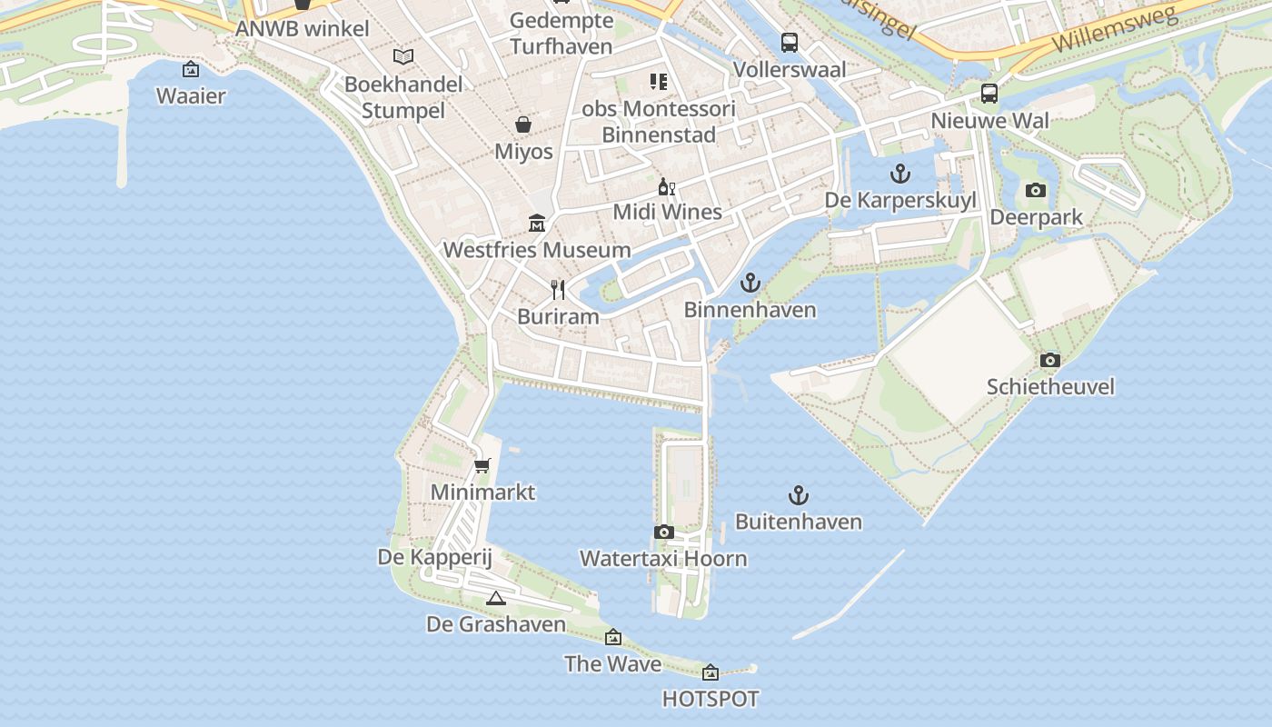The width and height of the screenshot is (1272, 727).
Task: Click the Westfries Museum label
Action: point(536,250)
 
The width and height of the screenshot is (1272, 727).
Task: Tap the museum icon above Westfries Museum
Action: point(537,224)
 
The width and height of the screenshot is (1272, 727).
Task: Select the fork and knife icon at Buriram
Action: point(558,290)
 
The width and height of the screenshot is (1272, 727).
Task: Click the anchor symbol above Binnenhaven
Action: point(750,283)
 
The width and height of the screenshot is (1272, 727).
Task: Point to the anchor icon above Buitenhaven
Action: point(798,495)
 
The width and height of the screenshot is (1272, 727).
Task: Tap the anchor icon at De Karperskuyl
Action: point(899,174)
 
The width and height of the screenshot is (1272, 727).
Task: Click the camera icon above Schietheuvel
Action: point(1049,360)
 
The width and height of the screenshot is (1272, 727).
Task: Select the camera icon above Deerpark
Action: point(1035,190)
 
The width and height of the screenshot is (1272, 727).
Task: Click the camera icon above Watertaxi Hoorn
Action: point(663,532)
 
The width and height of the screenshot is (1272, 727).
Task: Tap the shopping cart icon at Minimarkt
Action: point(482,466)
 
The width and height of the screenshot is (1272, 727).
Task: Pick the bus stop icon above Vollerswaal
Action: point(789,42)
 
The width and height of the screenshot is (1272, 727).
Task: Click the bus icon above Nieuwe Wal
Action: point(989,94)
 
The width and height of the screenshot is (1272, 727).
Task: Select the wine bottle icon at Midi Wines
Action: point(667,186)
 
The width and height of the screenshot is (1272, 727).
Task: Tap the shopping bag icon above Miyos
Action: point(523,124)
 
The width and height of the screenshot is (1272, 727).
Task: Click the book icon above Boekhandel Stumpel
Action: point(402,56)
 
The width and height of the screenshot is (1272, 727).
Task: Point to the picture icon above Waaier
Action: point(191,69)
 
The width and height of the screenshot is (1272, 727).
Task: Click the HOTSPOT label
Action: point(710,699)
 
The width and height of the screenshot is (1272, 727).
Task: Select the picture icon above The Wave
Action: point(613,637)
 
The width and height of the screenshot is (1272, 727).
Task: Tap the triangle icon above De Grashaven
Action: point(495,598)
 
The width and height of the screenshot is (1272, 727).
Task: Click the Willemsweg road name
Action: point(1116,30)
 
